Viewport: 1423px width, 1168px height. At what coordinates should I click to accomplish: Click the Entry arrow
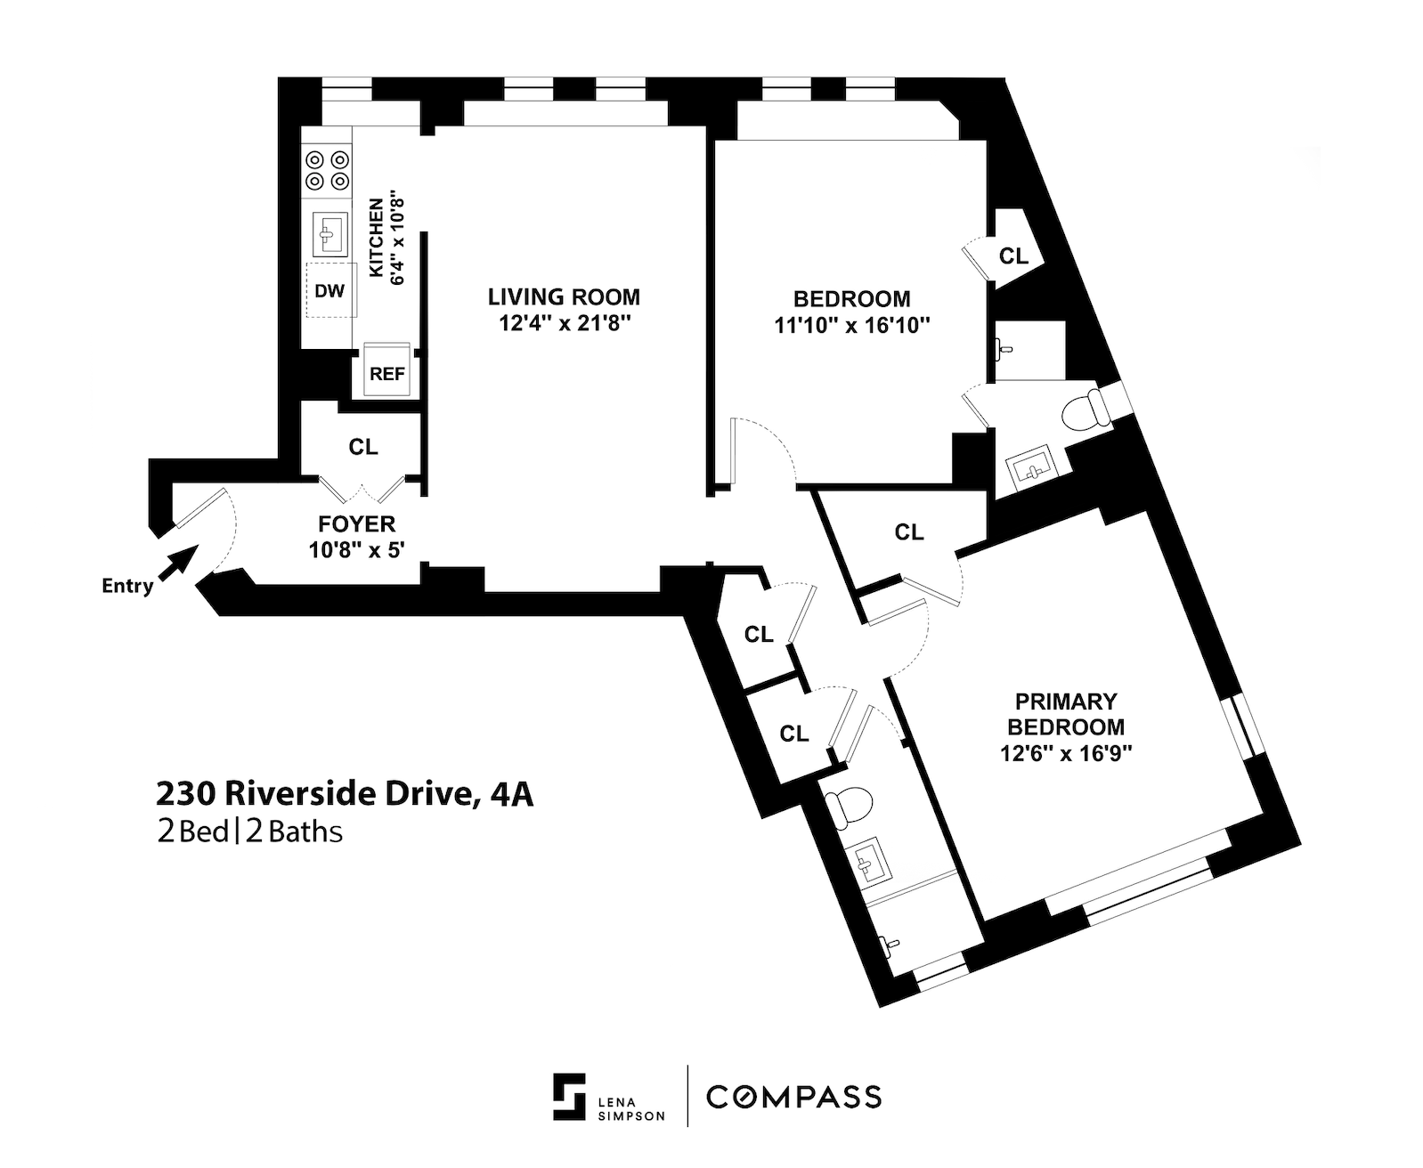click(178, 562)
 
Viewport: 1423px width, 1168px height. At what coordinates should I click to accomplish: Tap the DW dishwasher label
click(330, 291)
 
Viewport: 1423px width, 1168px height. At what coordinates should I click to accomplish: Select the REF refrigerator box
click(387, 371)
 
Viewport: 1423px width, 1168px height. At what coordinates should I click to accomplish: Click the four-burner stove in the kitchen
click(327, 171)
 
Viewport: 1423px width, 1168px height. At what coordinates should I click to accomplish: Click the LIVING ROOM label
click(564, 296)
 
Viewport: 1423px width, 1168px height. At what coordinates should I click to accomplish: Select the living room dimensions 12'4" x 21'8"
click(565, 324)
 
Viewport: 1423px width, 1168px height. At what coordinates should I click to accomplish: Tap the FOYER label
click(357, 523)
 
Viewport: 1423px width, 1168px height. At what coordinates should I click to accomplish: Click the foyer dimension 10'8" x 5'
click(357, 550)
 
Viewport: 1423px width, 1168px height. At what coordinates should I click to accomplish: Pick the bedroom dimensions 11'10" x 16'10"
click(852, 326)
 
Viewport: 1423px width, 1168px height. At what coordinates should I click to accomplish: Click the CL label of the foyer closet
click(363, 447)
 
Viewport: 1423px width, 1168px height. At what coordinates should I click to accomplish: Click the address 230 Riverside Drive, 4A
click(345, 794)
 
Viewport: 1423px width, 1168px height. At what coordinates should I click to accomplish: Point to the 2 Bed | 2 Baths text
click(249, 832)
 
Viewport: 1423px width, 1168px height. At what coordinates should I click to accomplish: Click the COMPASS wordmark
click(793, 1097)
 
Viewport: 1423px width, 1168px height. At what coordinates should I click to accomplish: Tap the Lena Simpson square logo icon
click(570, 1097)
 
